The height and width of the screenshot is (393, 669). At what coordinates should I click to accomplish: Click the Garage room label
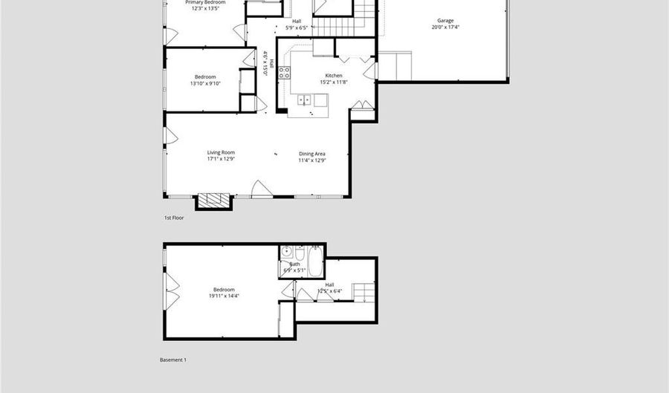pyautogui.click(x=446, y=21)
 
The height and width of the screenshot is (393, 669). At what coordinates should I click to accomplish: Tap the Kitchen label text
pyautogui.click(x=334, y=76)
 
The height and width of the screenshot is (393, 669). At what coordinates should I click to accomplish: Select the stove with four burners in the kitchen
pyautogui.click(x=285, y=73)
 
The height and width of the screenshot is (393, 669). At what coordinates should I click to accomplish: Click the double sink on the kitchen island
pyautogui.click(x=305, y=99)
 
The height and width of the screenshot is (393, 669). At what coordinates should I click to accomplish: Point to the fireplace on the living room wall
pyautogui.click(x=214, y=201)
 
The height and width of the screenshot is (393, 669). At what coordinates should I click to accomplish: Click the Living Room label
pyautogui.click(x=220, y=153)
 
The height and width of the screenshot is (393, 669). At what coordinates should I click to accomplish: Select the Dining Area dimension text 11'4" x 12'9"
pyautogui.click(x=312, y=160)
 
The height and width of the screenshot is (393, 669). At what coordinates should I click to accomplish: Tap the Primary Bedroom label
pyautogui.click(x=204, y=3)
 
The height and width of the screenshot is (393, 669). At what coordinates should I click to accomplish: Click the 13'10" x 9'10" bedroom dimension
pyautogui.click(x=205, y=83)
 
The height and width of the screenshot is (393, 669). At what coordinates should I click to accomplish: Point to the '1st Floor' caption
pyautogui.click(x=174, y=218)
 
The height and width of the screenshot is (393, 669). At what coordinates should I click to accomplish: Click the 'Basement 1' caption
pyautogui.click(x=173, y=360)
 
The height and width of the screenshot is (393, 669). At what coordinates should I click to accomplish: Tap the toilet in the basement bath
pyautogui.click(x=300, y=252)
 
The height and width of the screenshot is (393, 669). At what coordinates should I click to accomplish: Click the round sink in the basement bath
pyautogui.click(x=286, y=252)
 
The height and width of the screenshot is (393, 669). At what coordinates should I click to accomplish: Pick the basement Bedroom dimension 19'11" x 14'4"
pyautogui.click(x=224, y=296)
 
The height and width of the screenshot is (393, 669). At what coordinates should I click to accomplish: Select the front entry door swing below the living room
pyautogui.click(x=261, y=189)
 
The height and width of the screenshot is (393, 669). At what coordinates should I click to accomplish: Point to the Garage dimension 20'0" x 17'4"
pyautogui.click(x=445, y=27)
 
